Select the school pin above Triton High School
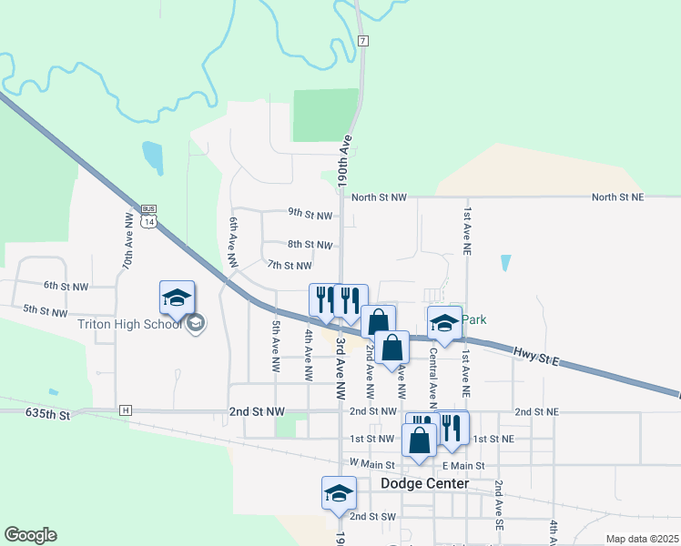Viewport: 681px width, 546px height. click(178, 297)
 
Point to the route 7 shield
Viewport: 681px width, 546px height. click(362, 42)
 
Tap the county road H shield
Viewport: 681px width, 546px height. click(125, 410)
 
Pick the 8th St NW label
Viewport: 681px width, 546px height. click(310, 245)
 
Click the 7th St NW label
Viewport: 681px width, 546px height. click(290, 266)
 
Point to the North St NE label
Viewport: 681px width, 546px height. click(617, 197)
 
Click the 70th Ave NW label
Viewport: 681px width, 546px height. click(128, 248)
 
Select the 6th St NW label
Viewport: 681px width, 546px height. click(66, 286)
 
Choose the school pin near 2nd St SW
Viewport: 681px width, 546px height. click(339, 493)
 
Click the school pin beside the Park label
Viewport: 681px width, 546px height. click(444, 323)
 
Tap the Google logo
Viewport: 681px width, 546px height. click(30, 534)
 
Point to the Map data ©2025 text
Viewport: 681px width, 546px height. click(641, 539)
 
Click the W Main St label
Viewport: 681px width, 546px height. click(374, 464)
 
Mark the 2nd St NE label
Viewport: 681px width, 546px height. click(535, 411)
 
